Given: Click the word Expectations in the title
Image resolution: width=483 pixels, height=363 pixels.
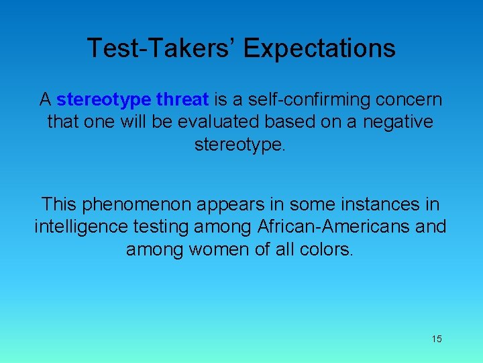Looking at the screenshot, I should pyautogui.click(x=319, y=48).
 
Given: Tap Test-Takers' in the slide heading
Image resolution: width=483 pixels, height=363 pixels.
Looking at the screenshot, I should pyautogui.click(x=162, y=48).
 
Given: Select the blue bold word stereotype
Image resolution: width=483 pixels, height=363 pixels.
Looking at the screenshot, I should pyautogui.click(x=103, y=100).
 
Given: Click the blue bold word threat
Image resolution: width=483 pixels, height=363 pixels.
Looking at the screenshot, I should pyautogui.click(x=182, y=100).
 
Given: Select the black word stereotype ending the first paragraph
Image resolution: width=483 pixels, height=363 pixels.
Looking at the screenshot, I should pyautogui.click(x=239, y=145).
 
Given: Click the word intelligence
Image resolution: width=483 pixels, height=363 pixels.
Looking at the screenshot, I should pyautogui.click(x=79, y=227).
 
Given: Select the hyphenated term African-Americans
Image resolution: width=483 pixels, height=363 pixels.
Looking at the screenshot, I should pyautogui.click(x=333, y=227).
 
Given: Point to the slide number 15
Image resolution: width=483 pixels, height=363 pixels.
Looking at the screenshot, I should pyautogui.click(x=437, y=339).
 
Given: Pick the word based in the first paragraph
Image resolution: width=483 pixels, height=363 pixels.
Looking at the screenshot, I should pyautogui.click(x=288, y=122).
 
